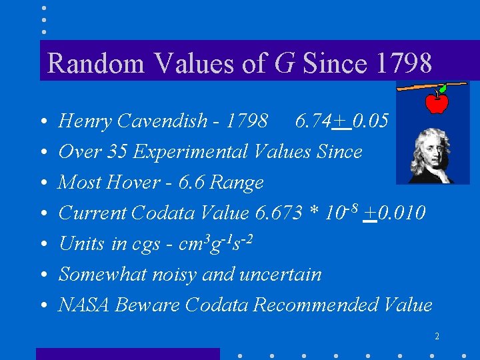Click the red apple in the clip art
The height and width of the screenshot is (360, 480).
pos(437,103)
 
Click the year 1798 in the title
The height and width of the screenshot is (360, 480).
pos(404,63)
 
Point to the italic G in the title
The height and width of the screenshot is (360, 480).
pos(285,63)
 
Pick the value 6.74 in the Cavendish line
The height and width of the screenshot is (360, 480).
pos(311,121)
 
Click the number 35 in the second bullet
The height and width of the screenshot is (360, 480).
pos(118,151)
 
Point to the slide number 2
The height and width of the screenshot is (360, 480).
pos(436,337)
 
